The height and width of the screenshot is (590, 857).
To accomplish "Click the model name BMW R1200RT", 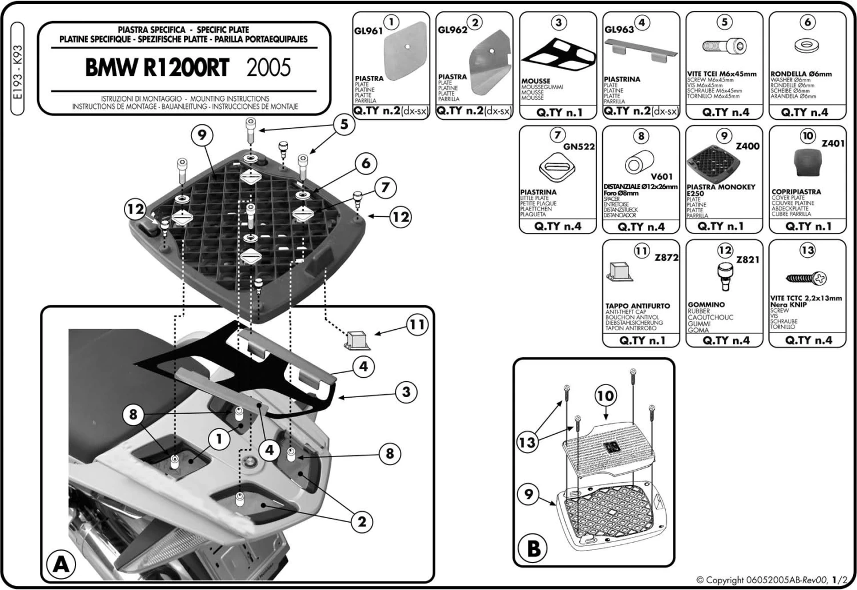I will [157, 68].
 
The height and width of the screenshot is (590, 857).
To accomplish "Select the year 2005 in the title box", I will [269, 68].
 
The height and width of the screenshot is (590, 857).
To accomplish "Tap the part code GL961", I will [368, 31].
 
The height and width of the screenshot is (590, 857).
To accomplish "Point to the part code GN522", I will [579, 147].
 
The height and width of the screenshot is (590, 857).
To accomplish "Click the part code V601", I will [661, 177].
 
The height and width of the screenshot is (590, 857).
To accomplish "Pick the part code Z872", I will [666, 258].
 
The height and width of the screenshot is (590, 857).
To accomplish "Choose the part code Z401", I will [832, 144].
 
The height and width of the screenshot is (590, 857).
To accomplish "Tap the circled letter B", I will [533, 549].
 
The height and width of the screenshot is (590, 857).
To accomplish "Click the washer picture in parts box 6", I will [807, 46].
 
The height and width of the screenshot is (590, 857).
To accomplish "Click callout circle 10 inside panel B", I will [606, 395].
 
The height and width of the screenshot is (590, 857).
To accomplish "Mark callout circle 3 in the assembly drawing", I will [406, 392].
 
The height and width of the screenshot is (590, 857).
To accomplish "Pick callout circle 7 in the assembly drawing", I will [385, 188].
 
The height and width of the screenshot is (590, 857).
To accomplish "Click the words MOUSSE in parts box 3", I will [535, 81].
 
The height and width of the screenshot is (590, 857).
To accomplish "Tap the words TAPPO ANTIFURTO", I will [638, 306].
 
